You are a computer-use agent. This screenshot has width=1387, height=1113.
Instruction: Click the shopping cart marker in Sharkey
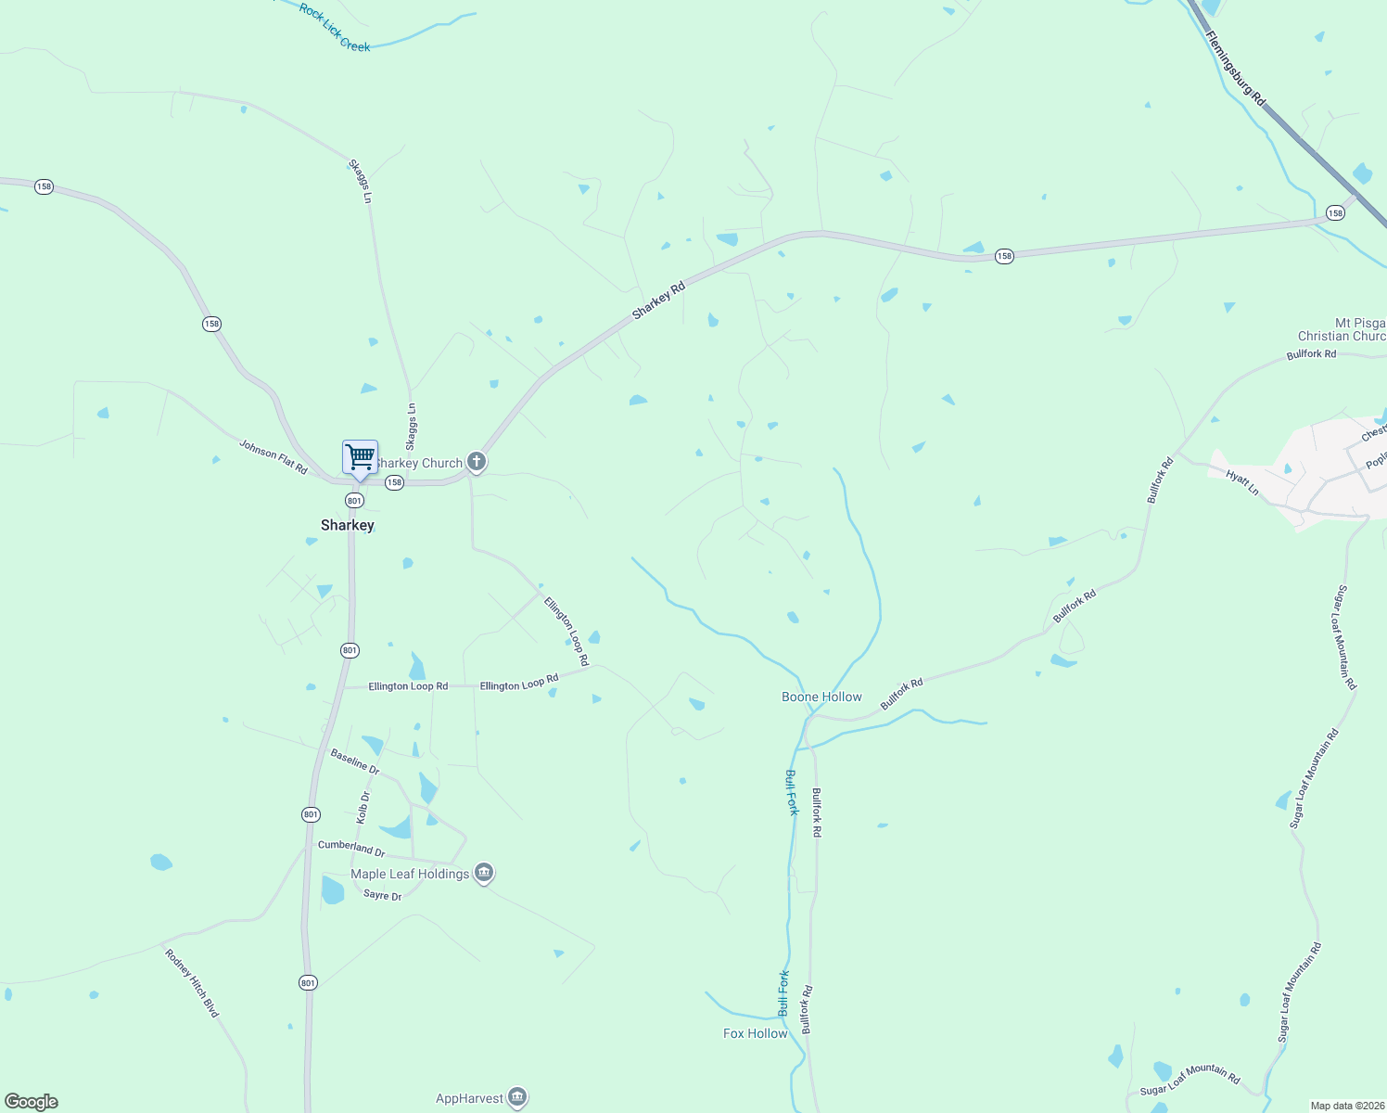pos(360,457)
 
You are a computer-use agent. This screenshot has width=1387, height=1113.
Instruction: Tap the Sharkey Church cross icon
pos(477,461)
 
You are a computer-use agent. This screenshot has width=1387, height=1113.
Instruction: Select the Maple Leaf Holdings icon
pos(484,873)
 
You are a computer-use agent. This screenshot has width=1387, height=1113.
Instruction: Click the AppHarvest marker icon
pos(517,1097)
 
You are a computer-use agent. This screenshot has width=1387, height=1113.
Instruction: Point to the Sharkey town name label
pos(348,525)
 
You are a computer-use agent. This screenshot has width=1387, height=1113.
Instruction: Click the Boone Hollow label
pos(821,697)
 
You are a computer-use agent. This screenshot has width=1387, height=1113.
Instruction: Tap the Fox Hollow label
pos(755,1033)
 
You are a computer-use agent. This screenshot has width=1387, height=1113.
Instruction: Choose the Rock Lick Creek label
pos(335,27)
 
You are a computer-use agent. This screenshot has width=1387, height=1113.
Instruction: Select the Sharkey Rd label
pos(658,301)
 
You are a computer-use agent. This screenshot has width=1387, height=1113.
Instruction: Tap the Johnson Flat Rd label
pos(274,456)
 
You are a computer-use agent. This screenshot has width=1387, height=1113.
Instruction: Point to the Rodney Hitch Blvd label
pos(192,983)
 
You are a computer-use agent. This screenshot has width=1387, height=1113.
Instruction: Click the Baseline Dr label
pos(355,762)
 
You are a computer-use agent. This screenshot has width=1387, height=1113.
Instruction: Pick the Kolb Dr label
pos(363,808)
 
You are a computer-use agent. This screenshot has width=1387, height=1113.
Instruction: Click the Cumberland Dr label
pos(351,848)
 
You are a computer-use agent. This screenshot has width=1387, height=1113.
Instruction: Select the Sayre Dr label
pos(383,895)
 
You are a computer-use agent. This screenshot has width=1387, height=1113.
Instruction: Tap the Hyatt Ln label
pos(1242,482)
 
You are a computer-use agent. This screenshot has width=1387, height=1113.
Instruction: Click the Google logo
pos(32,1101)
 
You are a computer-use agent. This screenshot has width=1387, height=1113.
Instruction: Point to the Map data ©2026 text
pos(1346,1106)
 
